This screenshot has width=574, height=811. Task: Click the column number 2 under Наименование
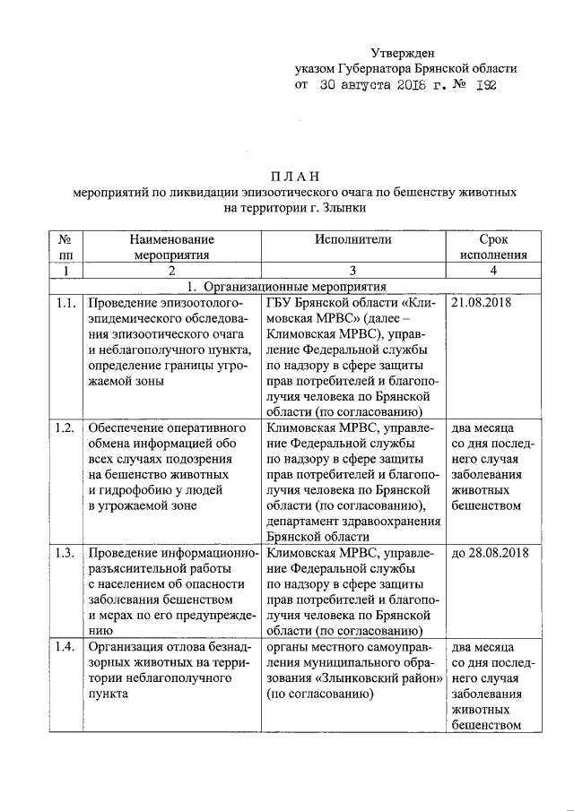click(x=171, y=271)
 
